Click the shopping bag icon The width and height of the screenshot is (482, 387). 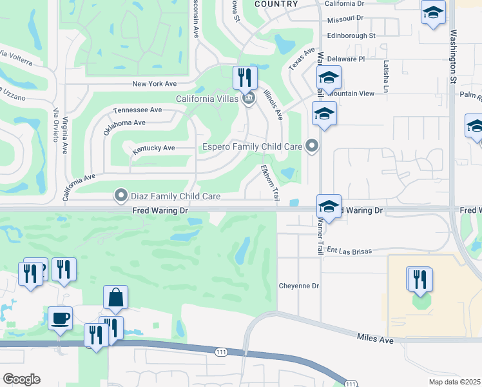tap(115, 297)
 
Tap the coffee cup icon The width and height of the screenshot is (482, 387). tap(60, 318)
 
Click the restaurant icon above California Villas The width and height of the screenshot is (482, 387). tap(245, 78)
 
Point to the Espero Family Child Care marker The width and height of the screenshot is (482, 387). tap(312, 146)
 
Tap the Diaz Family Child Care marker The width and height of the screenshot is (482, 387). tap(120, 195)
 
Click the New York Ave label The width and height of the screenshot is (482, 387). tap(154, 84)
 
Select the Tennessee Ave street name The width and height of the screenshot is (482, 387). tap(138, 110)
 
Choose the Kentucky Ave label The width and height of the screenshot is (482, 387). tap(153, 148)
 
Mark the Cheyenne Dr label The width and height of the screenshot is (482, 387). tap(299, 286)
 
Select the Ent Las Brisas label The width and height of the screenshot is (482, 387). tap(351, 250)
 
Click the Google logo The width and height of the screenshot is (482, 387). tap(21, 379)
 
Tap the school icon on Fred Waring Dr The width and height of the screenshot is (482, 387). tap(329, 208)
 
